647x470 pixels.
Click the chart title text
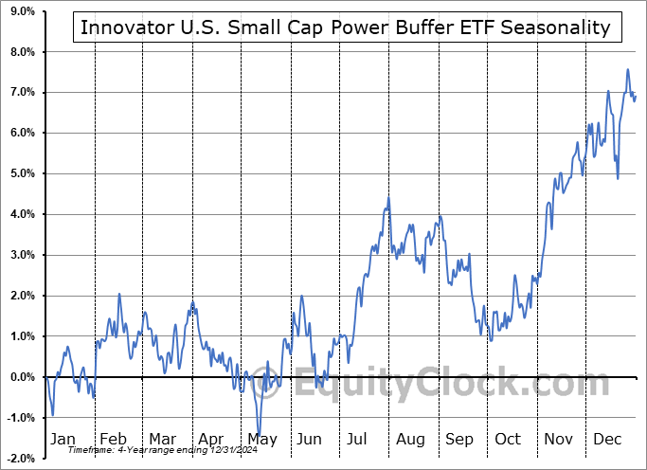[346, 27]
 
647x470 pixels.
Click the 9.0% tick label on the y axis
[20, 11]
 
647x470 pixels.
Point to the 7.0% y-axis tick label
[20, 92]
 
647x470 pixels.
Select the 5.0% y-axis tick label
[20, 173]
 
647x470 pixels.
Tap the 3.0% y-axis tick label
[20, 255]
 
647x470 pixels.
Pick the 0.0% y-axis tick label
[20, 377]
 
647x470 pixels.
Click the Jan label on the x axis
[63, 439]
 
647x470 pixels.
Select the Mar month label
[163, 439]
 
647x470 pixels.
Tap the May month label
[261, 439]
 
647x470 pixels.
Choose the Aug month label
[410, 439]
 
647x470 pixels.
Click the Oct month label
[509, 439]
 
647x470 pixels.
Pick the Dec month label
[607, 439]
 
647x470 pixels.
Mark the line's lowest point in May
[258, 436]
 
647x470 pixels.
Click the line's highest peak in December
[627, 69]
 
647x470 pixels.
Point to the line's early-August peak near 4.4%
[388, 197]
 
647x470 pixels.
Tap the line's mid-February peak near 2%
[119, 294]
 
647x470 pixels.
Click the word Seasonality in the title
[556, 27]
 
